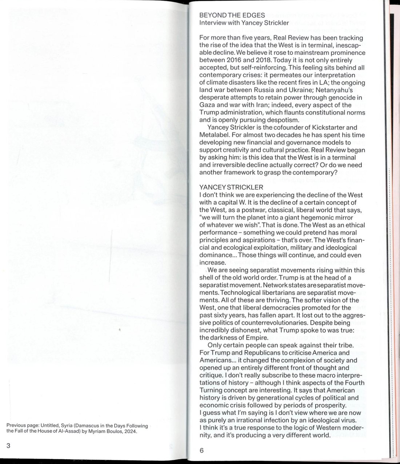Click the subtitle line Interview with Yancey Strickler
(239, 23)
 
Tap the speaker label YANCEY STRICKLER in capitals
(232, 187)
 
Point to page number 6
(202, 451)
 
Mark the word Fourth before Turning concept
(352, 383)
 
